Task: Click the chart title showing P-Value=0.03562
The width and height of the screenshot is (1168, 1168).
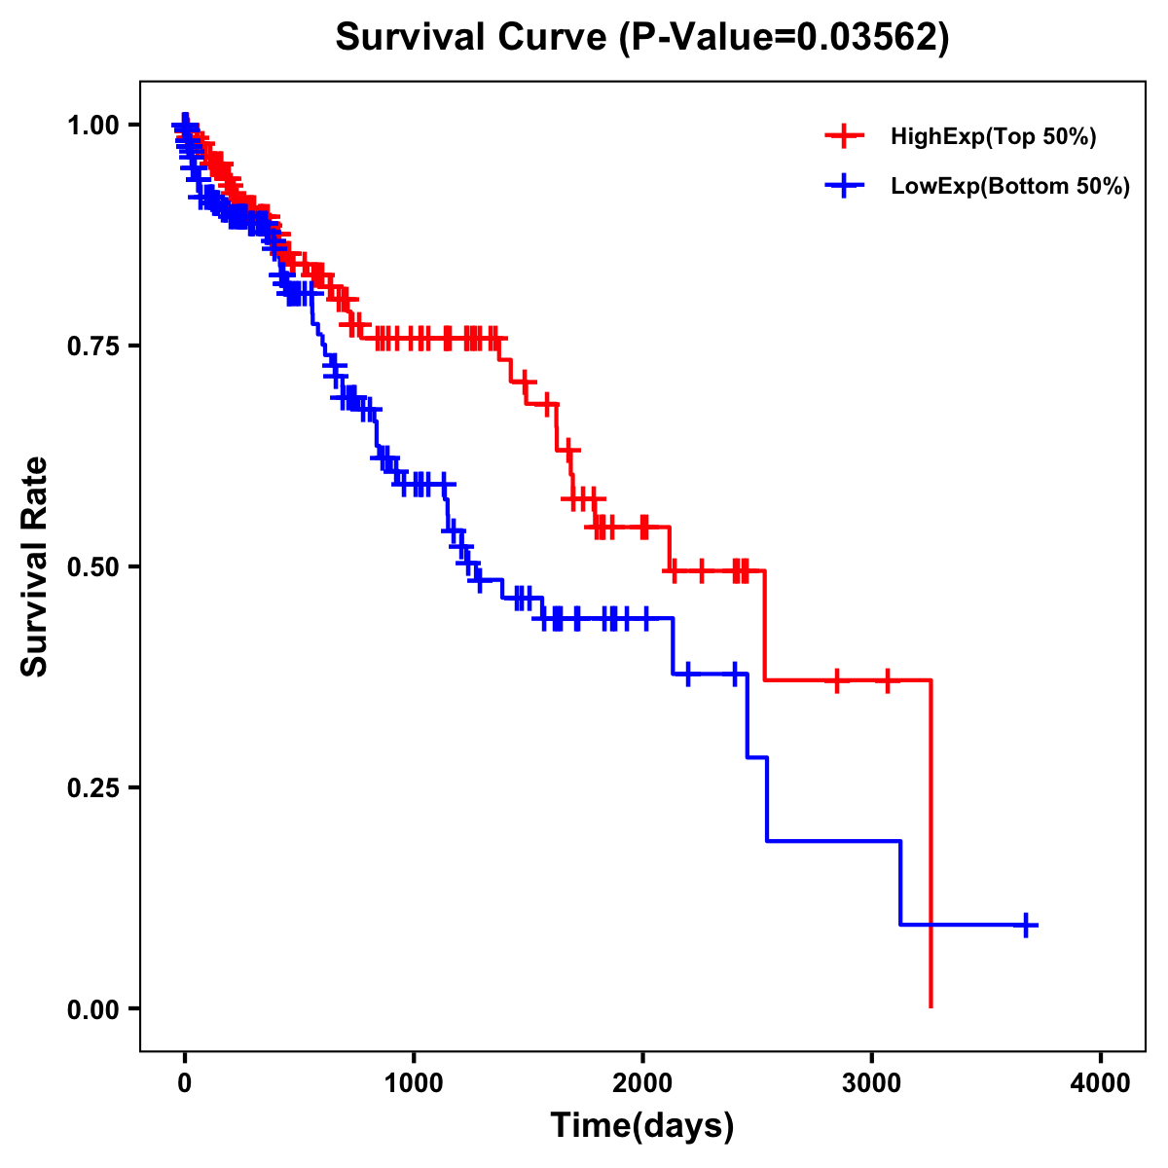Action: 641,38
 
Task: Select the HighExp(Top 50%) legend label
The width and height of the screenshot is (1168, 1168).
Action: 993,137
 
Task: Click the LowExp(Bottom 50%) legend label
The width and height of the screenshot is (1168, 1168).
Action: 1010,186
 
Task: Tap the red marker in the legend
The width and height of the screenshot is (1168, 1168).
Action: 844,136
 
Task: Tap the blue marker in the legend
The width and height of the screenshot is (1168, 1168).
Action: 844,185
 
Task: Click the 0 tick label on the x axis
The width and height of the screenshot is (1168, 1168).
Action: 185,1083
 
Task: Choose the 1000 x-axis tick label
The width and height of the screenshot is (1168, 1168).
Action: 414,1083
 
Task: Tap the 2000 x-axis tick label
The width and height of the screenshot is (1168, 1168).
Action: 642,1083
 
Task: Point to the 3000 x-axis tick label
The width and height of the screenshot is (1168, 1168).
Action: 872,1083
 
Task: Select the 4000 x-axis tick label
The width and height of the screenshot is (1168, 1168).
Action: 1101,1083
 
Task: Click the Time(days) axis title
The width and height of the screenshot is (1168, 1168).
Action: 642,1126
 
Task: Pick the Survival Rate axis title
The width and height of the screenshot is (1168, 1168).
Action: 35,566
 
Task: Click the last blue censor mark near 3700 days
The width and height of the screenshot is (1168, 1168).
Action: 1026,925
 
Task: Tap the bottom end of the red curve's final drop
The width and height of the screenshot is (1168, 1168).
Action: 931,1005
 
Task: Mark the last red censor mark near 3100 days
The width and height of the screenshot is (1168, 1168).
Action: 887,680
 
